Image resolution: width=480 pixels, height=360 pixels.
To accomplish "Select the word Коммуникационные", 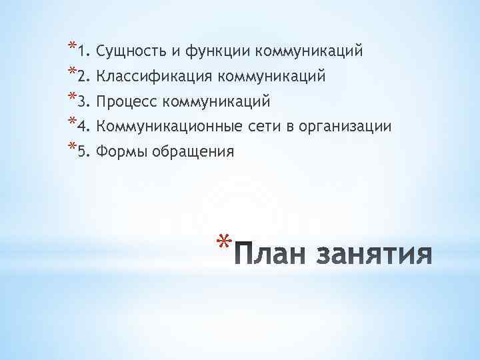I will (163, 127).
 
